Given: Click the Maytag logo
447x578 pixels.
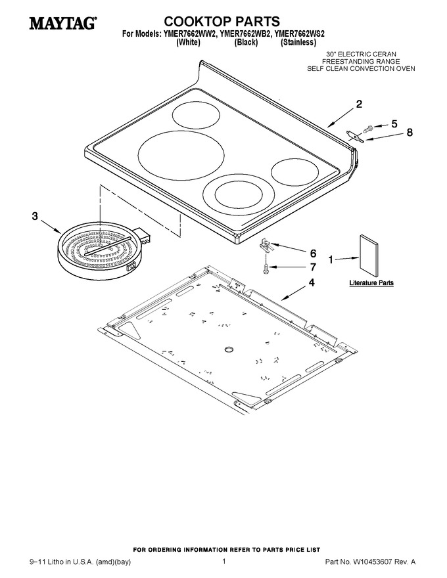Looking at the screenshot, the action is [62, 23].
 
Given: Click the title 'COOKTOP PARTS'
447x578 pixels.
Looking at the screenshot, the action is [222, 22].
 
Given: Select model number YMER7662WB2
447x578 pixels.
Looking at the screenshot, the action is [246, 34].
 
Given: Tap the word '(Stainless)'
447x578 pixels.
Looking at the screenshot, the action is [298, 43].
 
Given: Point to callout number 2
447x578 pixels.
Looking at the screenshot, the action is [359, 104].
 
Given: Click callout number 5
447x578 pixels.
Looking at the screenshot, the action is [394, 124].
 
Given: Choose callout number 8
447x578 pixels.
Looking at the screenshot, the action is [410, 132].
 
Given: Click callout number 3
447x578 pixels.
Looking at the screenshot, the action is [35, 216].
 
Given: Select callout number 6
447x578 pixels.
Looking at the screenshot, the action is [313, 254].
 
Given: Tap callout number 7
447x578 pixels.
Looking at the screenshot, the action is [313, 267].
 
